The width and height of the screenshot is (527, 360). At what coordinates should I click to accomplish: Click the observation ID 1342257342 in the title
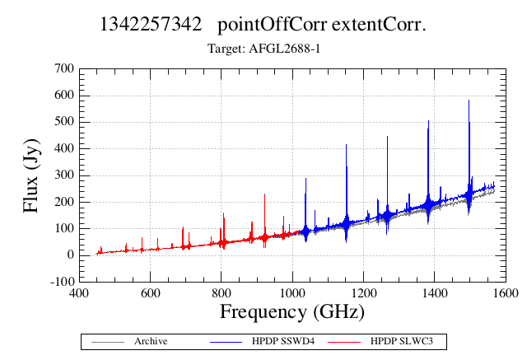(151, 25)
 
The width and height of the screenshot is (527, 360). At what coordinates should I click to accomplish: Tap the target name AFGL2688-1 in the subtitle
(284, 49)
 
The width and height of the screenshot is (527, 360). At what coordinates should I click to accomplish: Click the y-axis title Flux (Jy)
(31, 175)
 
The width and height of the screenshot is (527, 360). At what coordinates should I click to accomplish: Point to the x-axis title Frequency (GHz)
(292, 312)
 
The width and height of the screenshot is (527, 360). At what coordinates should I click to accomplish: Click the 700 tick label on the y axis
(64, 68)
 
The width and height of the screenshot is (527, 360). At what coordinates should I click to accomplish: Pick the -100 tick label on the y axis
(63, 282)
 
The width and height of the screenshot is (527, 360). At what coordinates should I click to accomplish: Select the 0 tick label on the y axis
(71, 255)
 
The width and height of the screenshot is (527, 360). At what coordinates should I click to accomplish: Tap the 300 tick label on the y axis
(64, 175)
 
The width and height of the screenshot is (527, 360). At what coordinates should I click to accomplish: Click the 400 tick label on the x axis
(79, 293)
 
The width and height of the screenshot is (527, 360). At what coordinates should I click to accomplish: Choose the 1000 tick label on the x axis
(292, 293)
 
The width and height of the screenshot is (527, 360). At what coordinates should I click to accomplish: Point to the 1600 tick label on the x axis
(506, 293)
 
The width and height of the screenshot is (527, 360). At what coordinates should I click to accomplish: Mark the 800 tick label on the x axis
(222, 293)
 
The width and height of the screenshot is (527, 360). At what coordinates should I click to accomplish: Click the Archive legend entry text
(151, 342)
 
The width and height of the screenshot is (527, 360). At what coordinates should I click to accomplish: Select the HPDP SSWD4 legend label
(283, 342)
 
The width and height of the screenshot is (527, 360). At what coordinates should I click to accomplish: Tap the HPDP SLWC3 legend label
(402, 342)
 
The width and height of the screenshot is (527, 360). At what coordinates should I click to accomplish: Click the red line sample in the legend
(344, 342)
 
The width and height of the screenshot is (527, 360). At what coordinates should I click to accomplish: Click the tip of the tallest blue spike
(469, 100)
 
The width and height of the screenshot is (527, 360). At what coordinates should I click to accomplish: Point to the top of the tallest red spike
(265, 194)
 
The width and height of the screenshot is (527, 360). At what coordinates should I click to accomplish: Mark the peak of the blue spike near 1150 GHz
(346, 144)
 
